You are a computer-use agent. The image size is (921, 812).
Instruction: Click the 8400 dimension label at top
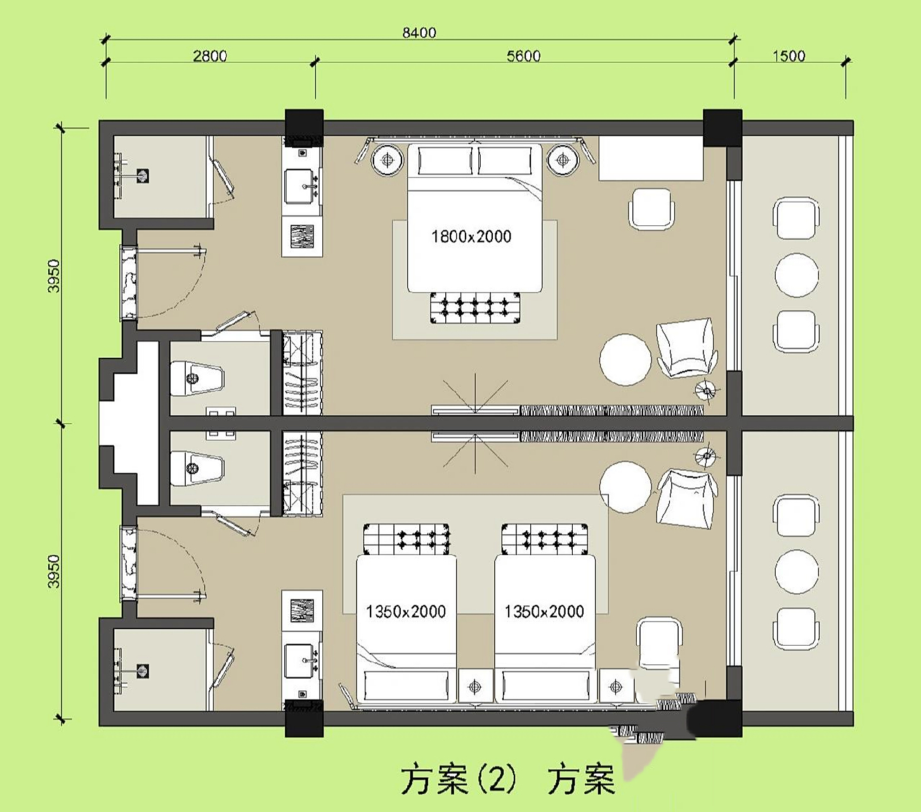pyautogui.click(x=419, y=32)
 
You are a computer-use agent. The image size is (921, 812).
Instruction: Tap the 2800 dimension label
pyautogui.click(x=210, y=56)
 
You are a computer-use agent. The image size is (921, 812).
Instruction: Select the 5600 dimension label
pyautogui.click(x=523, y=56)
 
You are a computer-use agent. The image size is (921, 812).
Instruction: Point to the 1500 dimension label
pyautogui.click(x=788, y=56)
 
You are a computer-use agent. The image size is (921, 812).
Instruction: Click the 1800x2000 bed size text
pyautogui.click(x=471, y=237)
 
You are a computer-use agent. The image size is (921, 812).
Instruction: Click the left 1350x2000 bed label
pyautogui.click(x=406, y=612)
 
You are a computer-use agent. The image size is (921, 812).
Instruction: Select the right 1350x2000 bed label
pyautogui.click(x=544, y=612)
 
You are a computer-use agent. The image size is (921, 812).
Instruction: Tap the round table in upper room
pyautogui.click(x=625, y=360)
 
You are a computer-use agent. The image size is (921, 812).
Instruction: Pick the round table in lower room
pyautogui.click(x=625, y=487)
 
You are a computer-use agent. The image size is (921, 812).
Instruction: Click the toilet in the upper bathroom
pyautogui.click(x=197, y=379)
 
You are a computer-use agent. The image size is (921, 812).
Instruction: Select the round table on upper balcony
pyautogui.click(x=797, y=275)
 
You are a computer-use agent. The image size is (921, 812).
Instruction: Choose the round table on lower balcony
pyautogui.click(x=797, y=571)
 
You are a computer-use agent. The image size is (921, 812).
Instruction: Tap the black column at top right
pyautogui.click(x=722, y=128)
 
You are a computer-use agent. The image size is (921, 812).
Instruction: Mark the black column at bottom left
pyautogui.click(x=304, y=718)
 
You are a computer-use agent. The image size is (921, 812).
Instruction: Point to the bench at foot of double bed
pyautogui.click(x=475, y=308)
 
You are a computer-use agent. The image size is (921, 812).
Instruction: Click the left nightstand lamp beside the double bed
pyautogui.click(x=387, y=160)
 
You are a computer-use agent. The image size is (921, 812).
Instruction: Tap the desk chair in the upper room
pyautogui.click(x=651, y=209)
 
